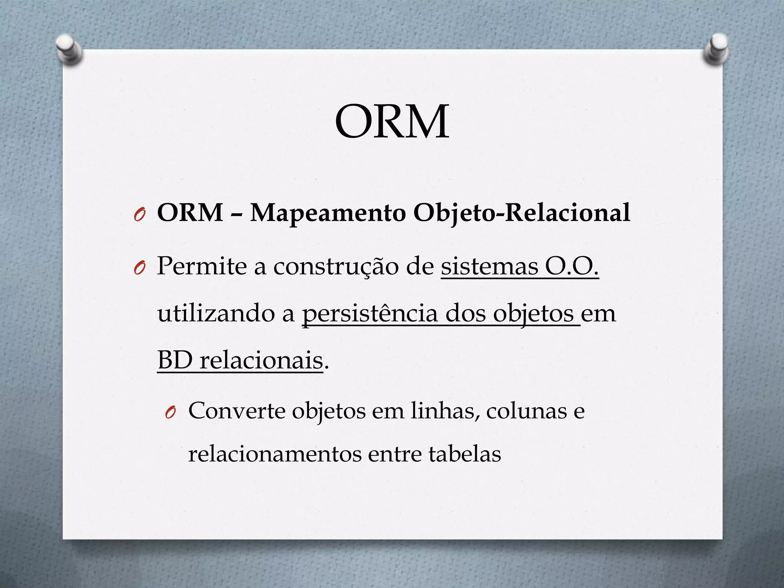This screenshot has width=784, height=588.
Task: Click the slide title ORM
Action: coord(392,122)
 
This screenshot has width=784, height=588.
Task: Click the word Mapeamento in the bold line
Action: coord(328,212)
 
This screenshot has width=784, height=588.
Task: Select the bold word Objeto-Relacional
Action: coord(521,213)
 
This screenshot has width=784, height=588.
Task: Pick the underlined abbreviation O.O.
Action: coord(572,266)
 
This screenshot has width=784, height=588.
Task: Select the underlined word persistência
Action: coord(369,314)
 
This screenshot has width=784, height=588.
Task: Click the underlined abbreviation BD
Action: coord(175,360)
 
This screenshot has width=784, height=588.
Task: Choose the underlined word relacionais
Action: coord(261,360)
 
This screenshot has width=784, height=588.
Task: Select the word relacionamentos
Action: coord(274,454)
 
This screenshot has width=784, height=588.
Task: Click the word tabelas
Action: coord(464,454)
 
